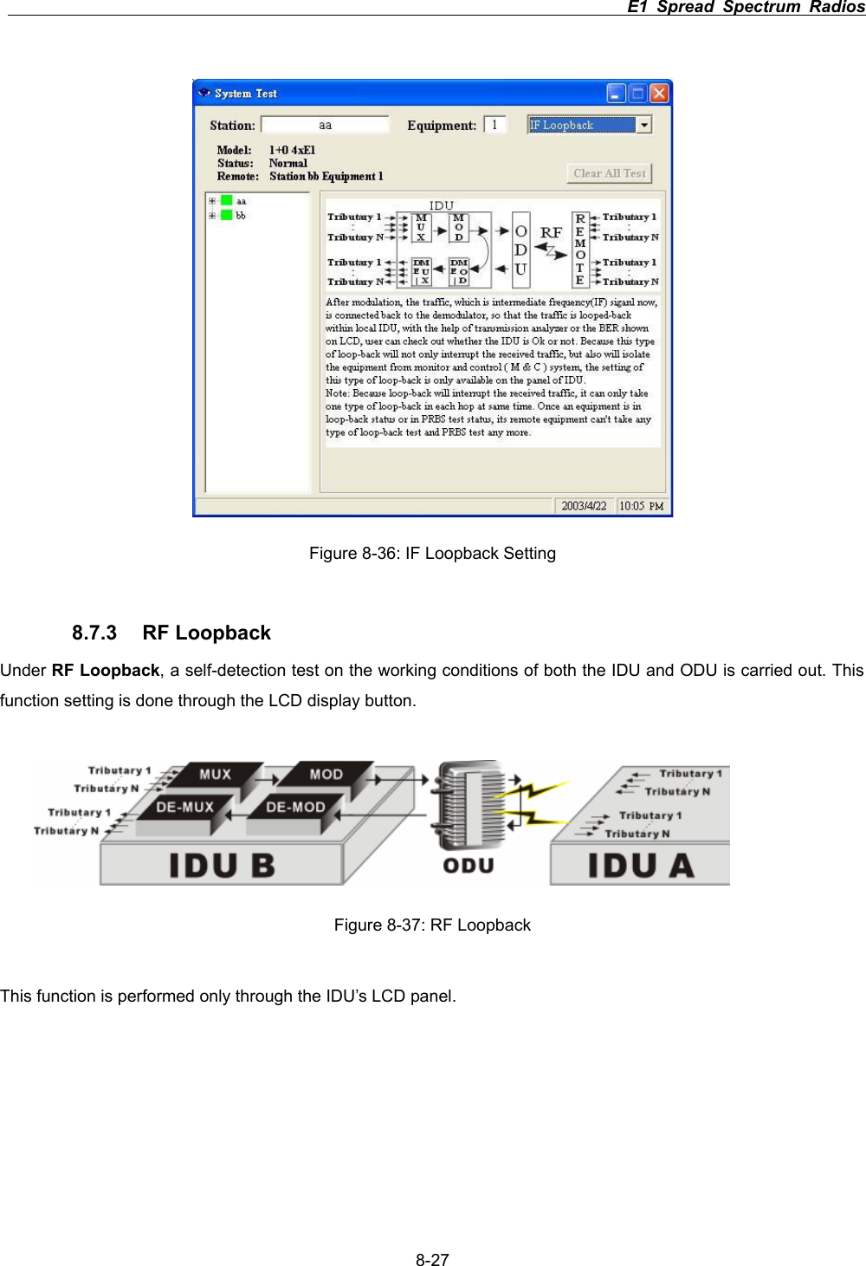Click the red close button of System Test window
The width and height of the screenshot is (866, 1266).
[x=659, y=94]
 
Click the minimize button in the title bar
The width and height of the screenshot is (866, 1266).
[x=617, y=94]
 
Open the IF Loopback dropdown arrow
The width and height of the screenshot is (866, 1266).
[x=643, y=125]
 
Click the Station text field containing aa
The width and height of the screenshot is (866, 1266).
[x=325, y=125]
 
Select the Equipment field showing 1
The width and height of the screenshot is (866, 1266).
[x=495, y=125]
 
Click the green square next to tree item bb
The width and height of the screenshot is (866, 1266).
[x=227, y=215]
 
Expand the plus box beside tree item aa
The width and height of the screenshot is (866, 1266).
[x=212, y=201]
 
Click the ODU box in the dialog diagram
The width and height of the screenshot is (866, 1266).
[x=520, y=250]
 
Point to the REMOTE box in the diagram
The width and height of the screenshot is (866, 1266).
[x=580, y=250]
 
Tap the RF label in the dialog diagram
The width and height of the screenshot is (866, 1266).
[x=551, y=232]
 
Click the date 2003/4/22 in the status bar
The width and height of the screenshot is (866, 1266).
[x=584, y=506]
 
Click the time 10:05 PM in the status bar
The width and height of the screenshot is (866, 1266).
[x=641, y=506]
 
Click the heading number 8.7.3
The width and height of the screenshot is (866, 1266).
[x=94, y=633]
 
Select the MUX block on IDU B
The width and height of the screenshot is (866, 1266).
[x=216, y=775]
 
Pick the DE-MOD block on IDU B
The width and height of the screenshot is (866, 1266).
[x=295, y=807]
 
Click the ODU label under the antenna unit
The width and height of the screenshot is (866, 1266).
[x=469, y=866]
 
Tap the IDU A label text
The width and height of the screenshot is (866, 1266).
[x=641, y=866]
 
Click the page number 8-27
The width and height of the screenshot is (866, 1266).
[x=432, y=1260]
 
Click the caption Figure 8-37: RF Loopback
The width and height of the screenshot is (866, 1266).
[x=432, y=925]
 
